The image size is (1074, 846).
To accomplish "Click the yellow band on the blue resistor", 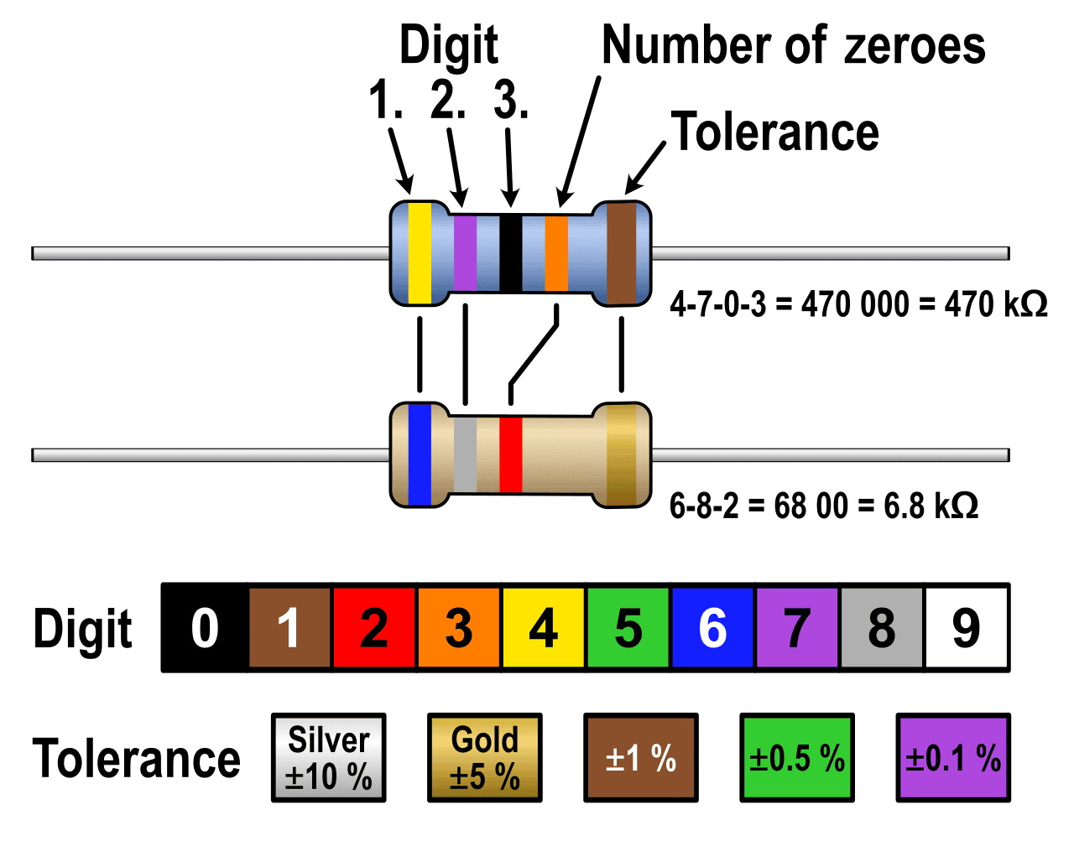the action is pyautogui.click(x=420, y=253).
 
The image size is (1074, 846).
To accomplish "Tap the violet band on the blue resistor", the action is pyautogui.click(x=465, y=253).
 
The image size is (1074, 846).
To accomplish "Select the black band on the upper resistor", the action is pyautogui.click(x=510, y=253).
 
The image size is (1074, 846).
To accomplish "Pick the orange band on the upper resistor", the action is pyautogui.click(x=556, y=253).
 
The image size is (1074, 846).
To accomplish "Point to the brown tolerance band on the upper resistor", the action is pyautogui.click(x=622, y=253).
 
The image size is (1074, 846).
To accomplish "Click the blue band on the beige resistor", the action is pyautogui.click(x=420, y=455).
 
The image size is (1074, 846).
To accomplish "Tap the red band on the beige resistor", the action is pyautogui.click(x=510, y=455).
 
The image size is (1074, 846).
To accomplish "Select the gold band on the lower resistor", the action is pyautogui.click(x=622, y=455).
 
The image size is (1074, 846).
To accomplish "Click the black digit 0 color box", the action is pyautogui.click(x=205, y=627).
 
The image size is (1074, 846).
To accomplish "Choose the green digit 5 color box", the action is pyautogui.click(x=628, y=627).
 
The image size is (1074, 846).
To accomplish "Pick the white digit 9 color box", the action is pyautogui.click(x=967, y=627).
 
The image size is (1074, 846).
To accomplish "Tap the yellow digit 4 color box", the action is pyautogui.click(x=544, y=627).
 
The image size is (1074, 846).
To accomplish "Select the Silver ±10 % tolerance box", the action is pyautogui.click(x=328, y=758).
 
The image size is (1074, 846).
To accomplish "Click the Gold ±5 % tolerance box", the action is pyautogui.click(x=485, y=758).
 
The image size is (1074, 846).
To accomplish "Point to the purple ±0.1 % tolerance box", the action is pyautogui.click(x=953, y=758).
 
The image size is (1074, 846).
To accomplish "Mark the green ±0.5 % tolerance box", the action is pyautogui.click(x=797, y=758).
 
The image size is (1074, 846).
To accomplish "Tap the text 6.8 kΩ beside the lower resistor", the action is pyautogui.click(x=931, y=506).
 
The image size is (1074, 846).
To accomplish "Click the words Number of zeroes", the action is pyautogui.click(x=794, y=45).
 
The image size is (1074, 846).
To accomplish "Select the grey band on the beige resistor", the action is pyautogui.click(x=465, y=455).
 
